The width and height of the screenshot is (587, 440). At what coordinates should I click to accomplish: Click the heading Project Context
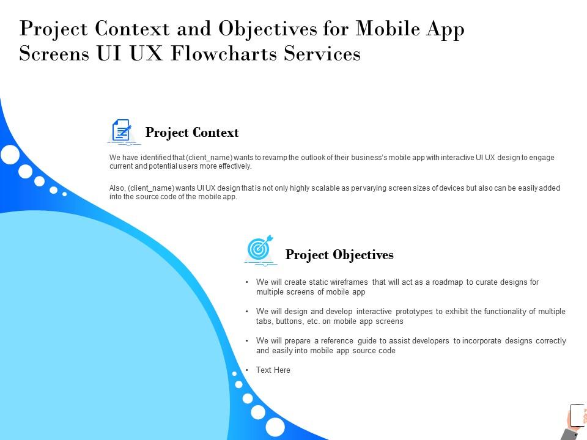192,133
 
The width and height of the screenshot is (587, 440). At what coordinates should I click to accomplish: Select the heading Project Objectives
339,255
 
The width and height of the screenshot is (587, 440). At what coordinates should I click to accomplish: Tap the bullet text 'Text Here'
273,370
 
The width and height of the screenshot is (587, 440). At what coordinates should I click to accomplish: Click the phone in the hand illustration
577,415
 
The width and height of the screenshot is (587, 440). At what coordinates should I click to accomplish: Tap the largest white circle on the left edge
10,154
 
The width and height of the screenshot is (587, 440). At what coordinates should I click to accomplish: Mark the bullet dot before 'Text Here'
246,370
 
